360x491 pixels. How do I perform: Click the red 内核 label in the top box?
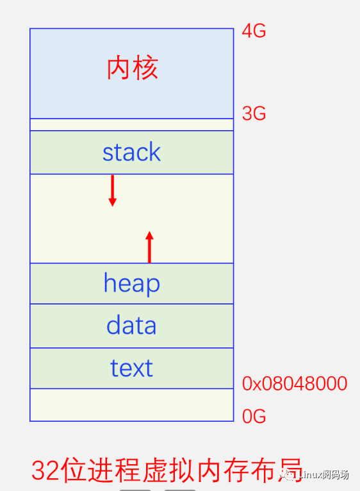[x=132, y=69]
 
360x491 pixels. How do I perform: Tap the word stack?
[x=131, y=153]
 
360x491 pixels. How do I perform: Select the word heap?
[x=131, y=283]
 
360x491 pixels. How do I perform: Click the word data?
[x=131, y=326]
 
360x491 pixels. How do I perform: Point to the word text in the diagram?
[x=131, y=368]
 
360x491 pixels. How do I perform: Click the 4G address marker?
[x=254, y=31]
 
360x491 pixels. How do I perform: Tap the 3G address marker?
[x=254, y=113]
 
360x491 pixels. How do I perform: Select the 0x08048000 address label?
[x=295, y=384]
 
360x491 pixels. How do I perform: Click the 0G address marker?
[x=254, y=417]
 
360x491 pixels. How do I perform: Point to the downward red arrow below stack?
[x=113, y=190]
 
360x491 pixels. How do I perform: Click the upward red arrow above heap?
[x=149, y=247]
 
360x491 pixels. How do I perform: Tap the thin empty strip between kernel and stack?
[x=131, y=124]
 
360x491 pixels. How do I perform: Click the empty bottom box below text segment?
[x=131, y=404]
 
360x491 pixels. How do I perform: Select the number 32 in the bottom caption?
[x=46, y=471]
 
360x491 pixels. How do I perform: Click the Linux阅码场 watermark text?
[x=325, y=475]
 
